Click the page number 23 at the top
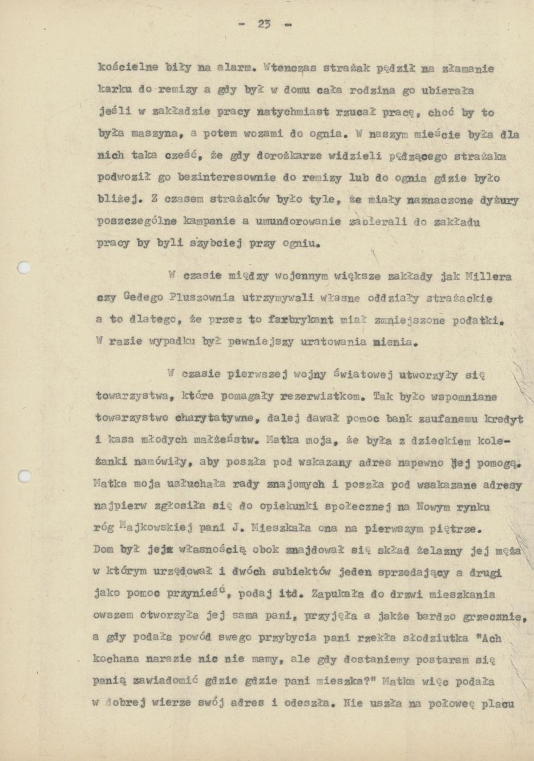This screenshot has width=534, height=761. click(x=264, y=24)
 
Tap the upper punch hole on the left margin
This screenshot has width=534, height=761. click(x=23, y=267)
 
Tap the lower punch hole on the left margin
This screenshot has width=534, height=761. click(x=23, y=476)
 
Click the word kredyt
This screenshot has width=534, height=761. click(x=503, y=418)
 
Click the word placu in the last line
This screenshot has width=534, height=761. click(x=498, y=703)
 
